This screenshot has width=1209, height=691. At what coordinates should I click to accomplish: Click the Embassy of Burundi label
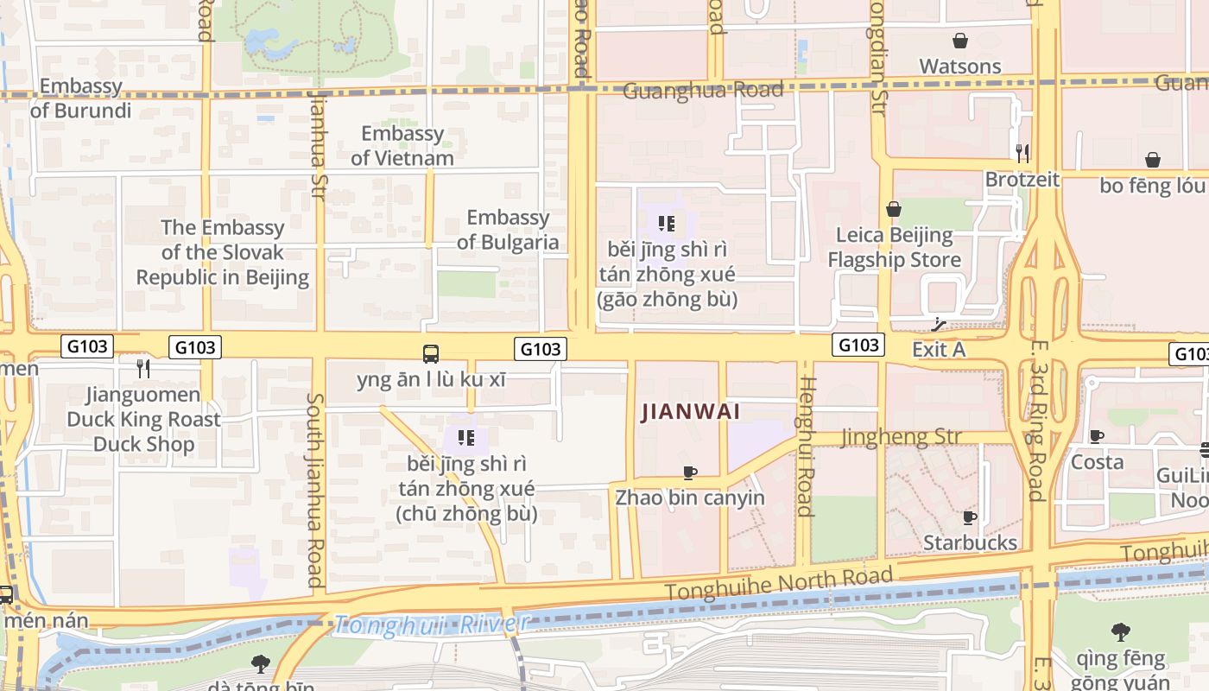tap(81, 98)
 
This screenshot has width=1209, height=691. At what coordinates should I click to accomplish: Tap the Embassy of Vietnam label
tap(402, 145)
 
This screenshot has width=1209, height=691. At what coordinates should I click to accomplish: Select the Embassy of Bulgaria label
tap(508, 230)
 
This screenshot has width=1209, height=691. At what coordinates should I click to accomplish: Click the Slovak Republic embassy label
tap(222, 252)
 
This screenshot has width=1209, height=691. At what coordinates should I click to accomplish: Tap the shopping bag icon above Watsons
tap(959, 41)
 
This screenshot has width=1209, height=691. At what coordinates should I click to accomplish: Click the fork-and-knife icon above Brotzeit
tap(1022, 154)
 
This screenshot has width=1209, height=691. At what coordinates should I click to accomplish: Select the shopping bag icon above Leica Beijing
tap(894, 209)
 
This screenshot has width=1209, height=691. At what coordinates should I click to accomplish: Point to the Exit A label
tap(939, 349)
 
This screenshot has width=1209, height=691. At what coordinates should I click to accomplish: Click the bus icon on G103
tap(431, 353)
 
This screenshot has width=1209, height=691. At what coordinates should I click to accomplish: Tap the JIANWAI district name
tap(691, 412)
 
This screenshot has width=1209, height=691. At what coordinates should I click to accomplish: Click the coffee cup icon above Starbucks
tap(970, 517)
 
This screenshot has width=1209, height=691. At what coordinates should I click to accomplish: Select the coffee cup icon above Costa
tap(1096, 436)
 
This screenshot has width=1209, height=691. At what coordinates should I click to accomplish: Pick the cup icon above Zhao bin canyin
tap(690, 472)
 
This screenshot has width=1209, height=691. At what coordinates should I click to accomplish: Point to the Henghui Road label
tap(805, 446)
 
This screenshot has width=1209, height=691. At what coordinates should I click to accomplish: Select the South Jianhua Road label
tap(314, 491)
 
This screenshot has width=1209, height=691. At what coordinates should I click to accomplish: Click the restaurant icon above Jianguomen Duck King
tap(143, 369)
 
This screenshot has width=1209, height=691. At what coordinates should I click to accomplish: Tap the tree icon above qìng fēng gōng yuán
tap(1120, 632)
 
